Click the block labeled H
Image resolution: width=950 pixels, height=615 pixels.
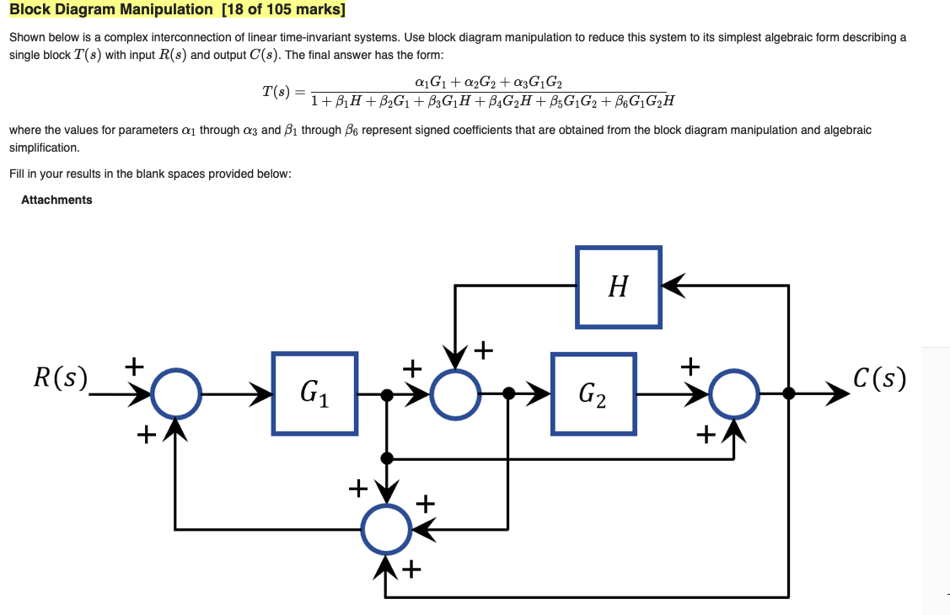pos(619,286)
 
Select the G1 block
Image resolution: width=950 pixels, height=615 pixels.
pos(314,393)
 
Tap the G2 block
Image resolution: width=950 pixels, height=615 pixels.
pos(593,393)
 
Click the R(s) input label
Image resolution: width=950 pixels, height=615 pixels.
pos(59,378)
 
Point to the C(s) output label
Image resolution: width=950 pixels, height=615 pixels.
pos(879,378)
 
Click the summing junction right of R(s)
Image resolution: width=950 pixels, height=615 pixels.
pos(175,393)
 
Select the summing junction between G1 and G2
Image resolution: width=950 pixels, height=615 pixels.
pos(455,393)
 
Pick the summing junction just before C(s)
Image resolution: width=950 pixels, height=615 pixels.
pos(734,393)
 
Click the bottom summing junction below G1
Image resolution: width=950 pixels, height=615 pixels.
pos(386,528)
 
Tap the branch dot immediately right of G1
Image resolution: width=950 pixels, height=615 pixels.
pos(386,393)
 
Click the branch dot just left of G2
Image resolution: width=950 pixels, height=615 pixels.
pos(508,393)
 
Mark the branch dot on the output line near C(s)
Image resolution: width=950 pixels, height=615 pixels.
pos(788,393)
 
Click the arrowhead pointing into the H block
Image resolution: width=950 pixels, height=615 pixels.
pos(673,286)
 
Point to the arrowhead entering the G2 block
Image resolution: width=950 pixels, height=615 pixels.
pos(540,393)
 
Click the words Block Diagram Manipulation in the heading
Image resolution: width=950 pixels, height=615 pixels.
pos(110,10)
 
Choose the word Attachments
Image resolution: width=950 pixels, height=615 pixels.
pos(56,200)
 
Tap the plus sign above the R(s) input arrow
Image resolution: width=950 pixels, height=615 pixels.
pos(133,366)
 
